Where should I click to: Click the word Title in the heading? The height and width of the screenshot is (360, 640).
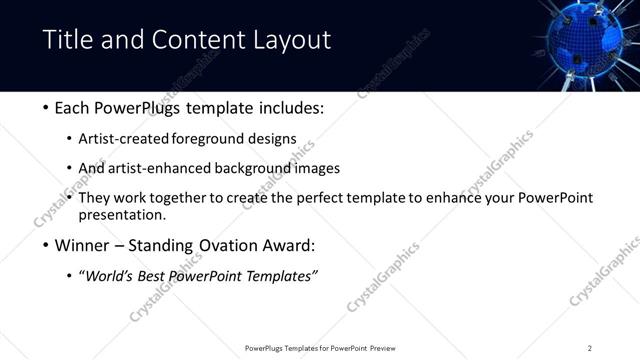tap(67, 40)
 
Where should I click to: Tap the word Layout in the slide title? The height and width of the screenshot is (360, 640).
tap(292, 40)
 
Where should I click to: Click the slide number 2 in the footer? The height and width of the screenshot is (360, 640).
tap(590, 348)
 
